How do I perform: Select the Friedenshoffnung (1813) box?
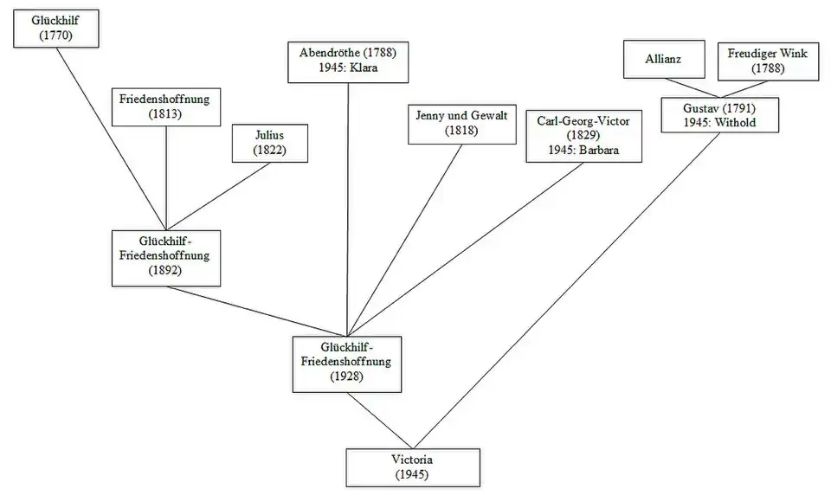(x=164, y=106)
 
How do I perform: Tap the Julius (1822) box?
(x=269, y=143)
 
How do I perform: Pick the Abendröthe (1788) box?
(x=347, y=60)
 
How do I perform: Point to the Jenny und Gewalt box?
(x=461, y=123)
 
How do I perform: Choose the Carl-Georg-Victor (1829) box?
(x=584, y=136)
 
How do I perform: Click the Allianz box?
(x=662, y=60)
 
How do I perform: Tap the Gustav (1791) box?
(x=720, y=116)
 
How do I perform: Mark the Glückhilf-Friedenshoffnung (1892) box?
(x=167, y=257)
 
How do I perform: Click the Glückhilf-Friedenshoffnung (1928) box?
(x=346, y=362)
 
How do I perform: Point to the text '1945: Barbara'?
(x=584, y=150)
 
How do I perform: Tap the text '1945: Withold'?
(x=720, y=123)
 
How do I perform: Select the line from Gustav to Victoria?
(x=571, y=290)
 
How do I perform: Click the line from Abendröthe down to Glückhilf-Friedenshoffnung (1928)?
(x=348, y=208)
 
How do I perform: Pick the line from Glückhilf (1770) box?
(x=111, y=138)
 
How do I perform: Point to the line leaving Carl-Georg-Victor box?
(x=467, y=248)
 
